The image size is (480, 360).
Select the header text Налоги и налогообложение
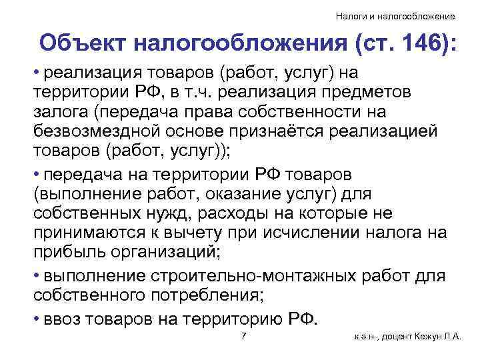pos(395,15)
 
